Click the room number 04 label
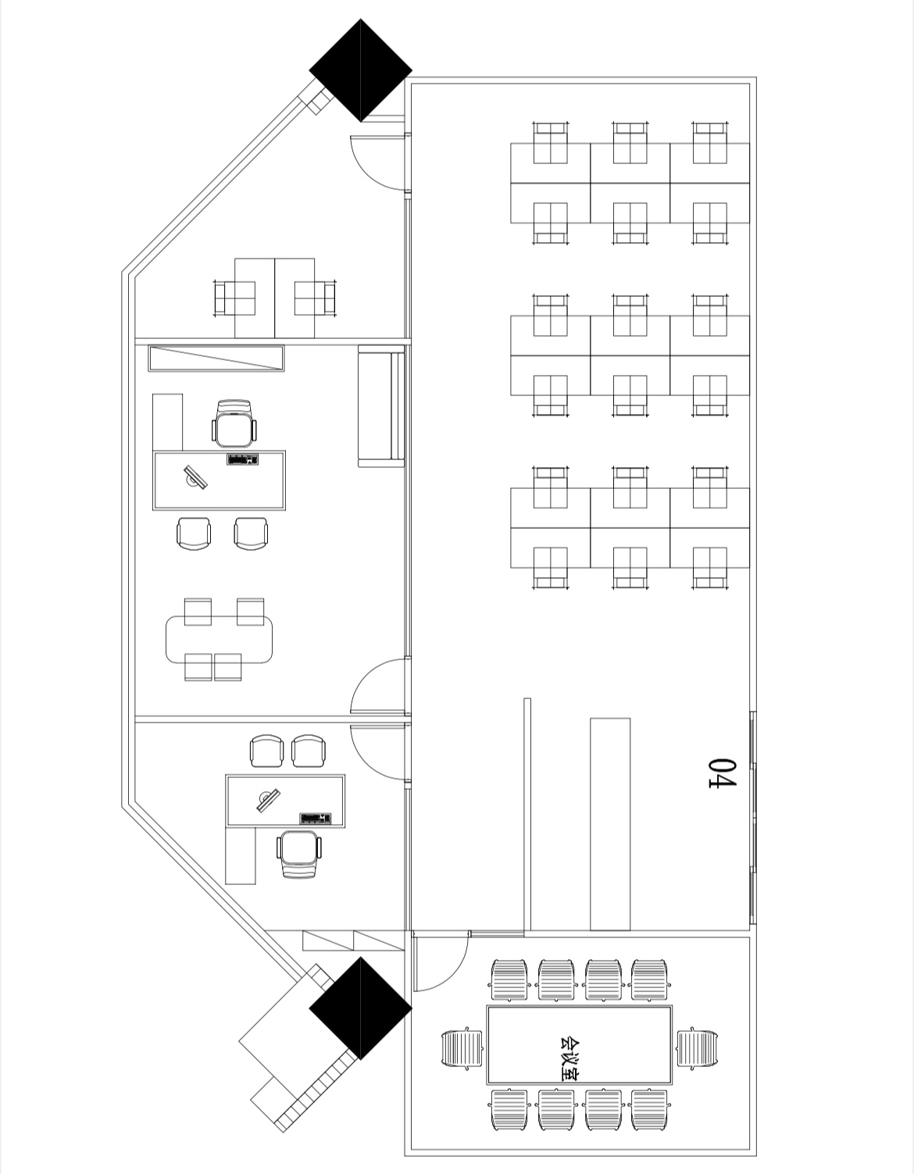[723, 773]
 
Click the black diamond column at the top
[360, 70]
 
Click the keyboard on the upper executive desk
[242, 460]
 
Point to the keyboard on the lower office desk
[316, 819]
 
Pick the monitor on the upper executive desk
[195, 477]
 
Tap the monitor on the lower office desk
[269, 800]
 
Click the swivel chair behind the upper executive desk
[234, 423]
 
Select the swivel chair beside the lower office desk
[299, 855]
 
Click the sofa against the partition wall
[381, 406]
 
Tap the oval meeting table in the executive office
[219, 639]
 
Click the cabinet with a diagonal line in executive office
[216, 359]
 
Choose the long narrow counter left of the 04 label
[610, 824]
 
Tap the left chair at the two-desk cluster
[234, 298]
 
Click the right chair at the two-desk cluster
[315, 298]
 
